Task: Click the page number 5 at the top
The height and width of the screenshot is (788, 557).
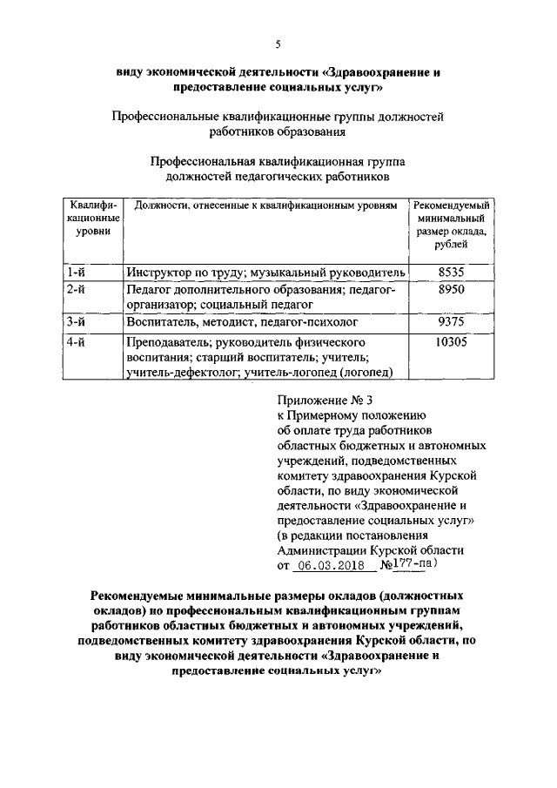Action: tap(278, 46)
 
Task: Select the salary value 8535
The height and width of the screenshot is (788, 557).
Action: tap(452, 273)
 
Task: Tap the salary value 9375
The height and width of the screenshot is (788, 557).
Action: tap(452, 322)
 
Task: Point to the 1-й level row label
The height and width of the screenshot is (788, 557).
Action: tap(76, 273)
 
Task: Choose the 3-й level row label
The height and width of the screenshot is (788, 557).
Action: tap(76, 322)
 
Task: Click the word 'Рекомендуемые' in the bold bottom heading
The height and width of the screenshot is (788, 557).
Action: tap(141, 596)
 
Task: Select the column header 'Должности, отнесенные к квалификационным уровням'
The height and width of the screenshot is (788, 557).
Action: tap(265, 205)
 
